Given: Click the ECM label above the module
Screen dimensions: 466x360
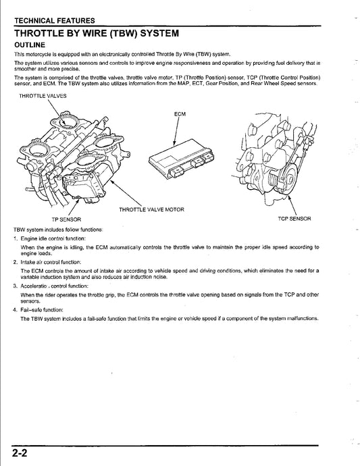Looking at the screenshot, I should (x=180, y=115).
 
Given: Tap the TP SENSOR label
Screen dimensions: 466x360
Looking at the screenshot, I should (x=66, y=219).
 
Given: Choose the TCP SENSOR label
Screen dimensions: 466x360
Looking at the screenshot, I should (x=294, y=219).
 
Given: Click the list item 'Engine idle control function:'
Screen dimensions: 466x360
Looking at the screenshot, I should (x=52, y=239).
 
